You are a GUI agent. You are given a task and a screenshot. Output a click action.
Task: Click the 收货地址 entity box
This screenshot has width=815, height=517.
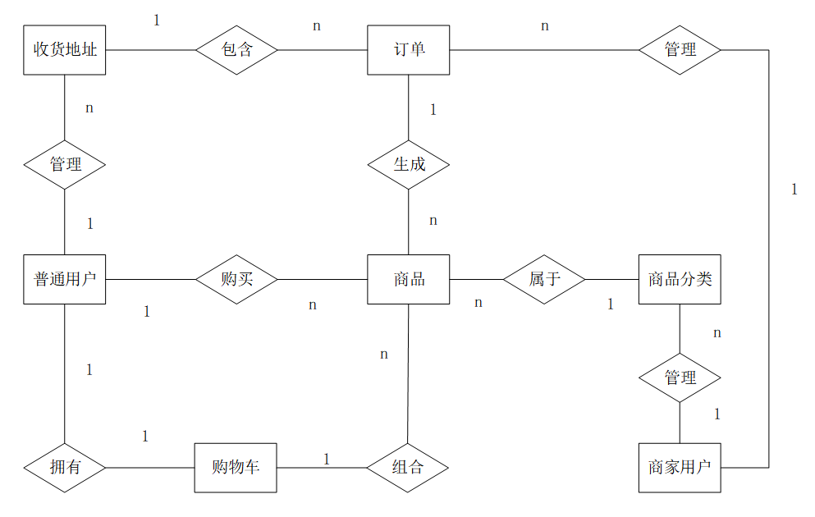click(x=65, y=49)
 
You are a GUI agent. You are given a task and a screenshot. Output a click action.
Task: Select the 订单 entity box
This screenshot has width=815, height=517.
click(x=409, y=49)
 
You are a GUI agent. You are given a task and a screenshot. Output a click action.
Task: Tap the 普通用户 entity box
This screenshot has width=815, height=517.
click(x=65, y=279)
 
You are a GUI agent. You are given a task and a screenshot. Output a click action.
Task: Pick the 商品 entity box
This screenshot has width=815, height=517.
click(x=409, y=279)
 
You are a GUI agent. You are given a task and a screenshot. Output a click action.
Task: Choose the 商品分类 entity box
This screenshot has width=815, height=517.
click(x=680, y=279)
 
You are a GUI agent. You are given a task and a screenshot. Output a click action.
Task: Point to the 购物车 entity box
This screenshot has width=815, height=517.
click(x=236, y=468)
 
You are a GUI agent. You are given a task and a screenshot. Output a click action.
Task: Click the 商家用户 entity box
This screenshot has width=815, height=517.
click(x=680, y=468)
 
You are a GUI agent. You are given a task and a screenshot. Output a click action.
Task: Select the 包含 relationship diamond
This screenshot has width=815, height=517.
click(x=237, y=49)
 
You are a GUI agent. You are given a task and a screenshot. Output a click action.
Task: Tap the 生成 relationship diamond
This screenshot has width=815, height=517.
click(x=409, y=164)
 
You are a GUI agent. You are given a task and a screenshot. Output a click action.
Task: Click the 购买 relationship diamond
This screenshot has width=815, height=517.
click(x=237, y=279)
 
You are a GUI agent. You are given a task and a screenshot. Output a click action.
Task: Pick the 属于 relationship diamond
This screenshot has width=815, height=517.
click(x=544, y=279)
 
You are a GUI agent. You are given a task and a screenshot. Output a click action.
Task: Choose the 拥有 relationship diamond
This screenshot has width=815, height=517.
click(x=65, y=468)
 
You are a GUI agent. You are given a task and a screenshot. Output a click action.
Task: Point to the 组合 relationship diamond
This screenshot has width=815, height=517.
click(x=408, y=468)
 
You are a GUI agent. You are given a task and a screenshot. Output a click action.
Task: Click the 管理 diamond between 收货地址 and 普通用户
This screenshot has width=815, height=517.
click(x=65, y=164)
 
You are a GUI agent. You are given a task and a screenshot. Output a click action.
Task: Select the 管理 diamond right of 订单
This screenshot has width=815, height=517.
click(x=680, y=49)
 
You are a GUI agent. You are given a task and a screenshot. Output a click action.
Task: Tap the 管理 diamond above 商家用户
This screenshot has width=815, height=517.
click(x=680, y=377)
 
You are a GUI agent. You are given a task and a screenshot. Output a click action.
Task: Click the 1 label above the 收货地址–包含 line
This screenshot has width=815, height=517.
click(x=157, y=20)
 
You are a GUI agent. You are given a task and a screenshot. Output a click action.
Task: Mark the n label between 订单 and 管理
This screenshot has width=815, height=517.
click(x=545, y=26)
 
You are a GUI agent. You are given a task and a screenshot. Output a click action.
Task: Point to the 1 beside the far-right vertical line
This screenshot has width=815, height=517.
click(x=794, y=190)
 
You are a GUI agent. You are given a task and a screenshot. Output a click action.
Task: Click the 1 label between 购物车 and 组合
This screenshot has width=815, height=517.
click(x=326, y=459)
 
